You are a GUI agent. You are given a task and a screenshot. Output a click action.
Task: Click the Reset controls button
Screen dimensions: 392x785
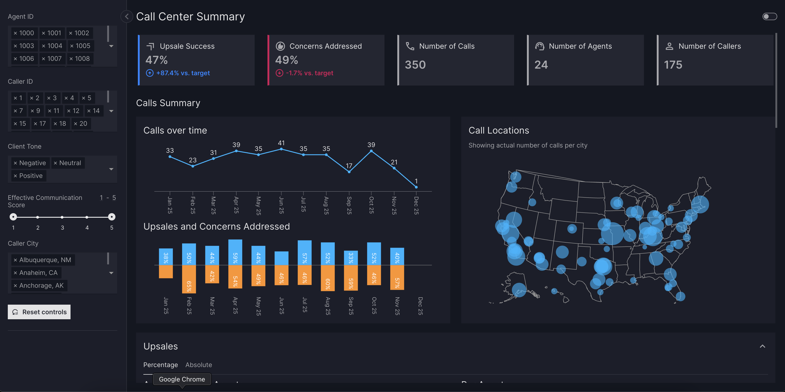click(39, 312)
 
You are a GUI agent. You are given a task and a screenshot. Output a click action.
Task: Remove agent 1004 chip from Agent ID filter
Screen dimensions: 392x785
click(44, 46)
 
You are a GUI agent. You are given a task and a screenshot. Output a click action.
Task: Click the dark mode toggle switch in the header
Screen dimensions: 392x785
click(769, 16)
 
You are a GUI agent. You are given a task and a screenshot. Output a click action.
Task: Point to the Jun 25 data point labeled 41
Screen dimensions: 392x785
click(281, 149)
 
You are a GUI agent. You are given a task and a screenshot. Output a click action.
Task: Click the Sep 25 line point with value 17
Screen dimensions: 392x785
click(349, 172)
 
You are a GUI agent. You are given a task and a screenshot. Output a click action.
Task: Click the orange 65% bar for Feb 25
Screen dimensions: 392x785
click(189, 279)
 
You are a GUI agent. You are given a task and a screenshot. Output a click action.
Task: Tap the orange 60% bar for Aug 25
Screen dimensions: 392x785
click(328, 278)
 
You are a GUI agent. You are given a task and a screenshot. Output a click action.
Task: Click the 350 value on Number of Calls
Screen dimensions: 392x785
click(415, 65)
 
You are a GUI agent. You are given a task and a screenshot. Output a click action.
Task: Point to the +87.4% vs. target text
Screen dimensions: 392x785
click(183, 73)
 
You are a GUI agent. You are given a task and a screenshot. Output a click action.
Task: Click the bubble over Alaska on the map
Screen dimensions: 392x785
click(519, 290)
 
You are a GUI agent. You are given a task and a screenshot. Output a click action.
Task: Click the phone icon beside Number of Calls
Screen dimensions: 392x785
click(410, 46)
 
